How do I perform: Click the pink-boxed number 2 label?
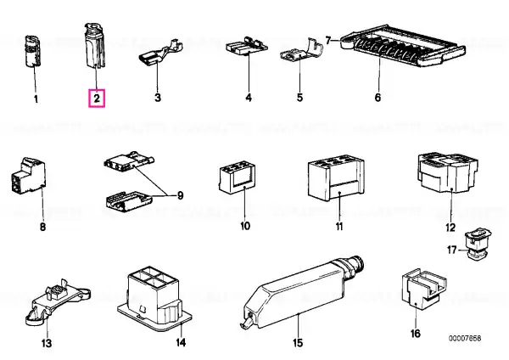pyautogui.click(x=97, y=98)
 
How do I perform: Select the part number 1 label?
pyautogui.click(x=36, y=99)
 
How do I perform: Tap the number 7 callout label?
pyautogui.click(x=328, y=41)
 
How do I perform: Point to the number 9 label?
pyautogui.click(x=180, y=195)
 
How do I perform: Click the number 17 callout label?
pyautogui.click(x=452, y=250)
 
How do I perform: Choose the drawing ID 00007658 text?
pyautogui.click(x=465, y=339)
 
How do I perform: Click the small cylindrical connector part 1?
pyautogui.click(x=33, y=51)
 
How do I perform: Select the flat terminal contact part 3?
pyautogui.click(x=161, y=52)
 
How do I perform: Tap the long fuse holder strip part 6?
pyautogui.click(x=403, y=46)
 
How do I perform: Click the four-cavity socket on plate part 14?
pyautogui.click(x=154, y=298)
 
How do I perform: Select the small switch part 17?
pyautogui.click(x=478, y=245)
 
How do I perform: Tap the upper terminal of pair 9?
pyautogui.click(x=129, y=160)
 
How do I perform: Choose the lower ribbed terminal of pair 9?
pyautogui.click(x=129, y=202)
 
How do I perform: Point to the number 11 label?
pyautogui.click(x=338, y=226)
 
